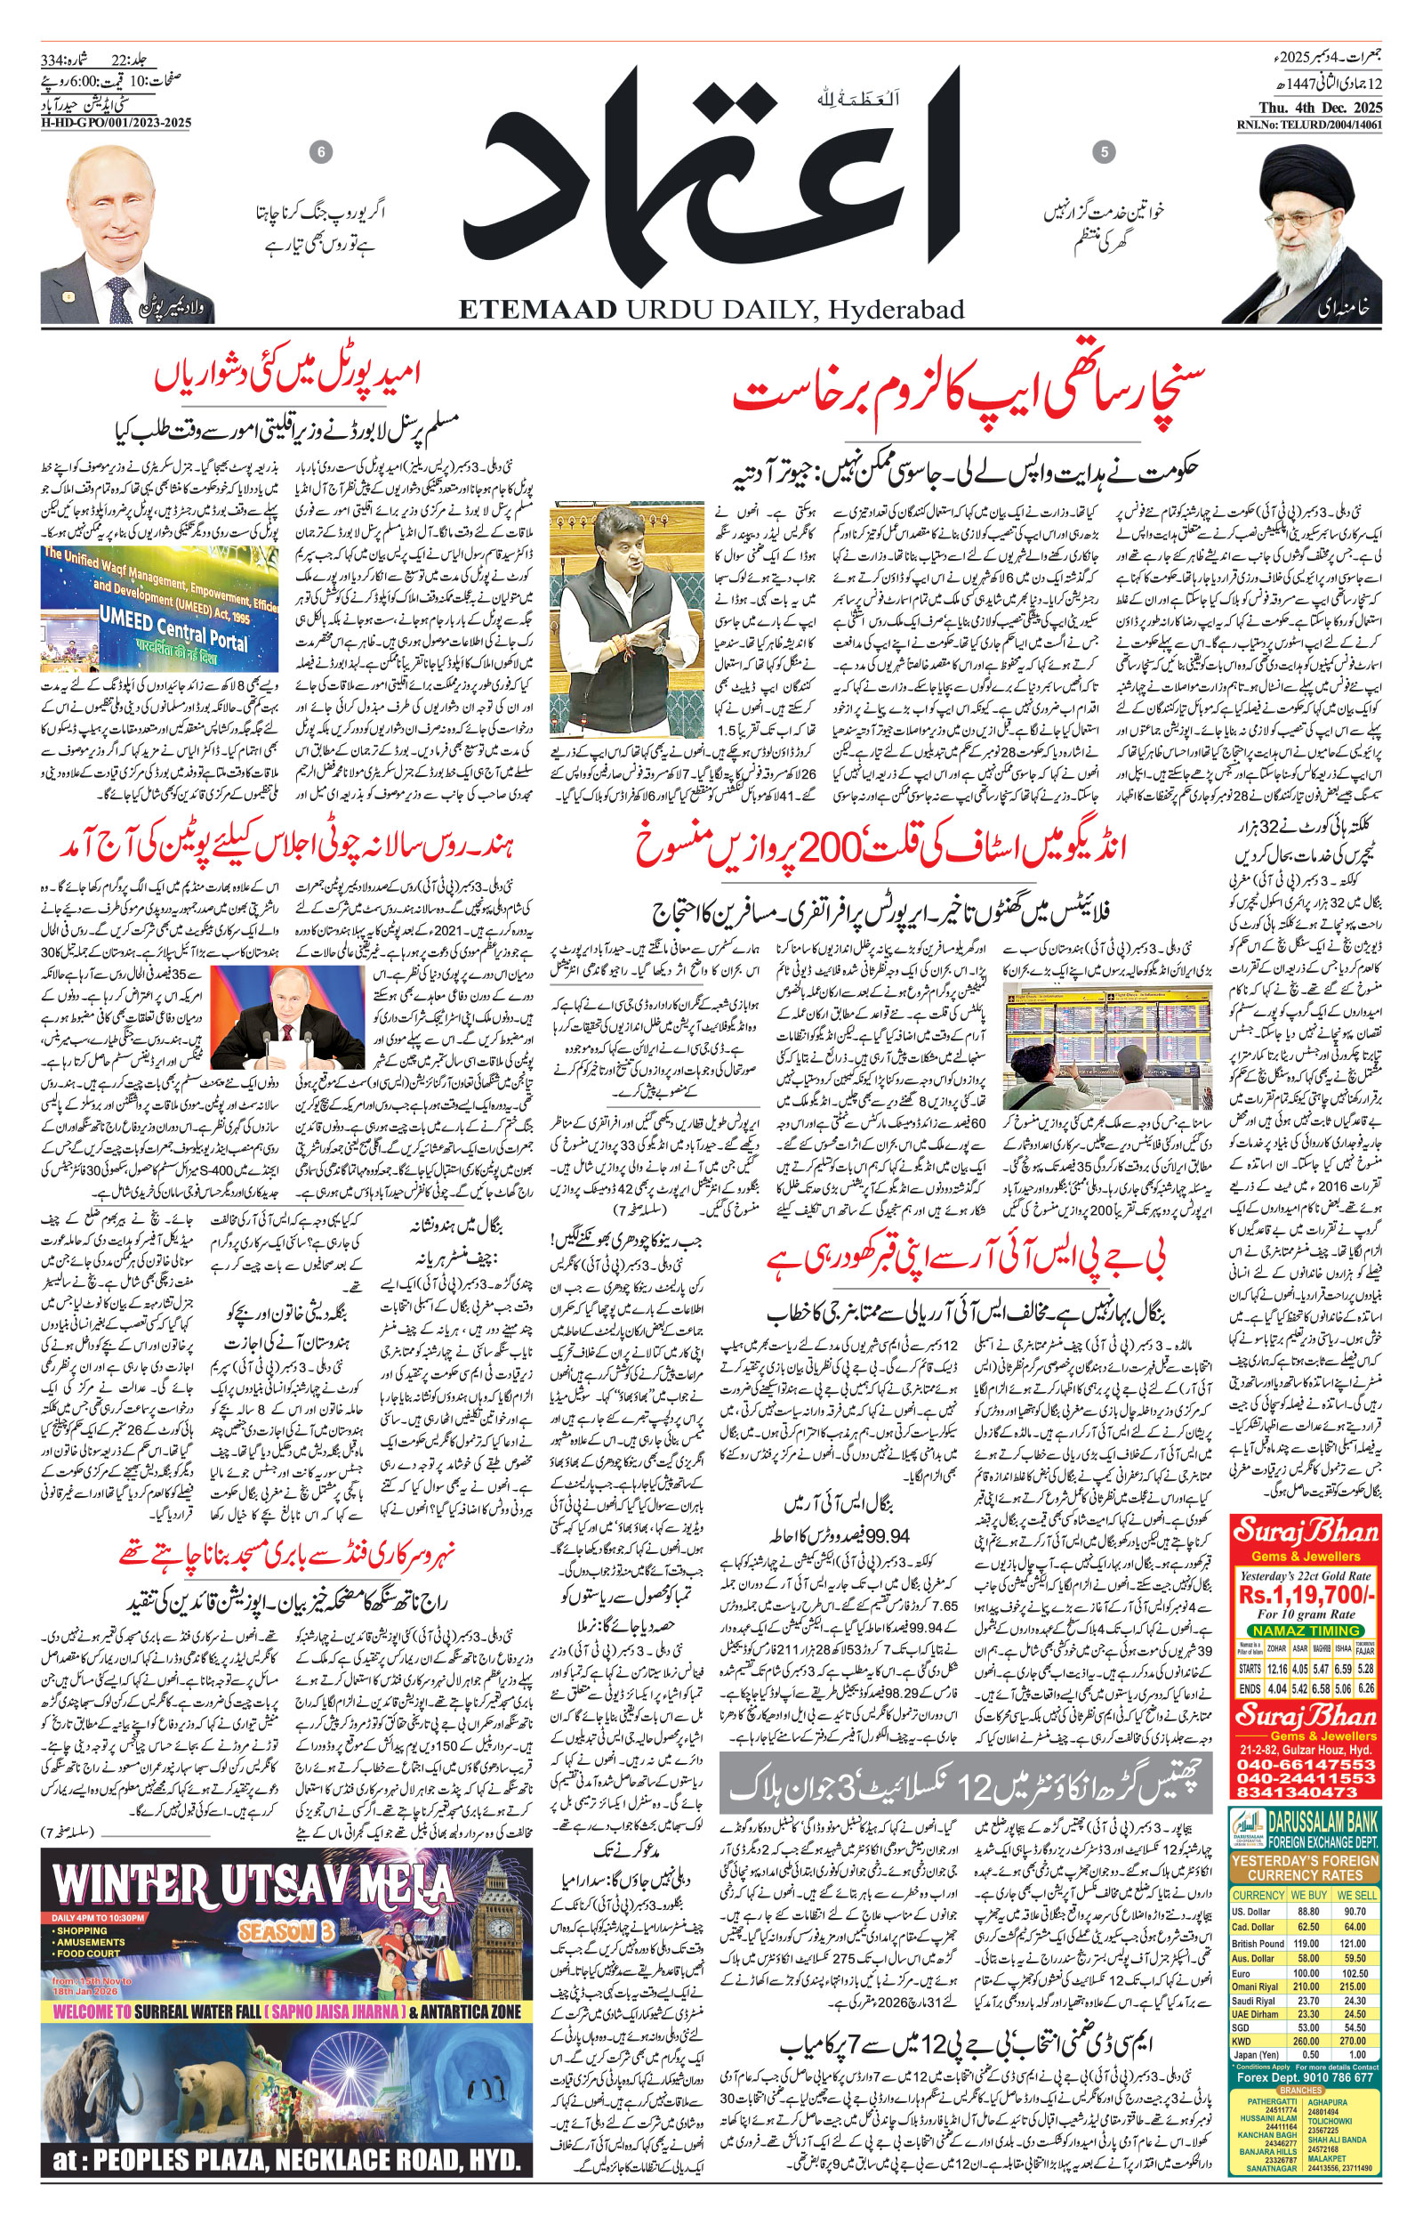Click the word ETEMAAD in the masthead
coord(536,310)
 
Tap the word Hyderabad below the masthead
coord(894,311)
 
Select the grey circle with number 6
coord(321,152)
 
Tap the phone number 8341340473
coord(1306,1793)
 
